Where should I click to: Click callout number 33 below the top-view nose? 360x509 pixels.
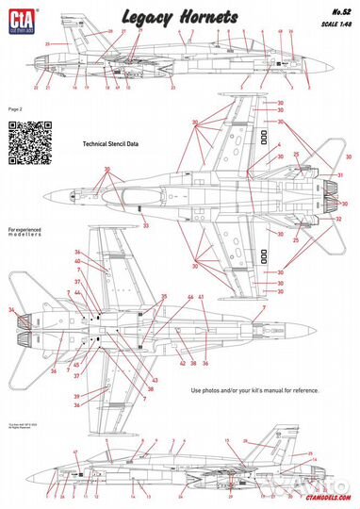click(145, 226)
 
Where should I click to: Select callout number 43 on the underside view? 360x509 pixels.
click(154, 379)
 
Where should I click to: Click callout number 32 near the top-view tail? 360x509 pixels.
click(338, 218)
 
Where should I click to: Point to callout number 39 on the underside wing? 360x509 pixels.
click(77, 397)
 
